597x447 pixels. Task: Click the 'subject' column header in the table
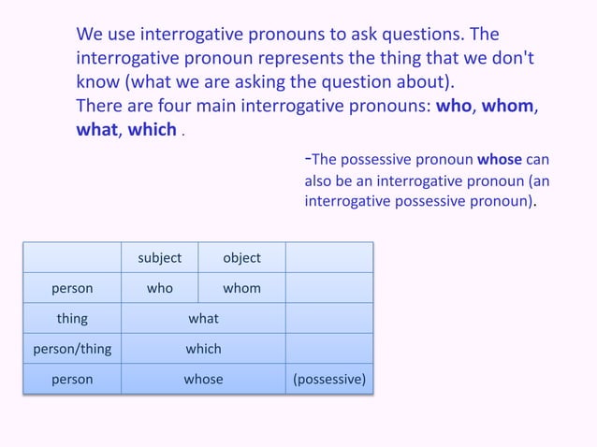click(160, 257)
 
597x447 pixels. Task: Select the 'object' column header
click(241, 257)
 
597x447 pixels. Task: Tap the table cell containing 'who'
click(160, 288)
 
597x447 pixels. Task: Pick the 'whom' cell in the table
click(241, 288)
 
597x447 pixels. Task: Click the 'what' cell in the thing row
click(203, 318)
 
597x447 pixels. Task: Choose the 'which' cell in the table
click(203, 349)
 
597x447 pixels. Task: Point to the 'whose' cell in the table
click(203, 380)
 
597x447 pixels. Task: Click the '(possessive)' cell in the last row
click(329, 380)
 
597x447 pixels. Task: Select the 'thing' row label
click(72, 318)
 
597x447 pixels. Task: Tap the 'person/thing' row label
click(72, 349)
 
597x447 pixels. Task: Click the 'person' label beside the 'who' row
click(72, 288)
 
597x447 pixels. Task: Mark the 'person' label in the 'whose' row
click(72, 380)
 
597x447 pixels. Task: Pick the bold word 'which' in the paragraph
click(153, 130)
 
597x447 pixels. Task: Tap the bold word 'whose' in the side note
click(500, 158)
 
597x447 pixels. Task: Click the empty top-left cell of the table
click(72, 257)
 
